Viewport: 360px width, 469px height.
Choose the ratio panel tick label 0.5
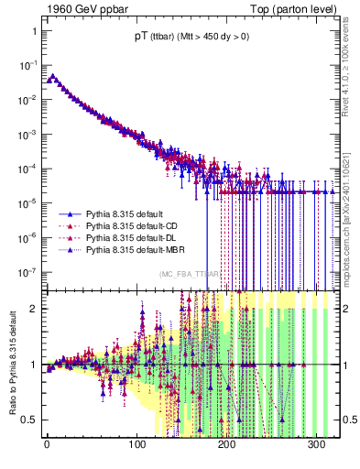(x=28, y=420)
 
